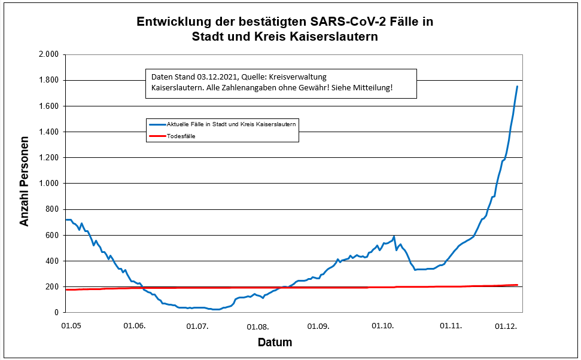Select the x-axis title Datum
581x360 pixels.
click(275, 343)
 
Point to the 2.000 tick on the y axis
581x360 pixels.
click(48, 54)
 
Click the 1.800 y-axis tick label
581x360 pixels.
click(48, 80)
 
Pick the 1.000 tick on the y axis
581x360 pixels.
click(48, 184)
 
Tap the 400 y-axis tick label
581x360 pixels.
click(51, 261)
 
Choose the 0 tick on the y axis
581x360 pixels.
click(56, 313)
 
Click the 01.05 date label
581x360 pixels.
click(71, 326)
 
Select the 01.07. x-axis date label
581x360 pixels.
click(197, 326)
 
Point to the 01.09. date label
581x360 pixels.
click(320, 326)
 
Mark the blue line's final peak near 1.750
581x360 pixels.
click(517, 87)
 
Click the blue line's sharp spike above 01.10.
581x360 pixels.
click(394, 237)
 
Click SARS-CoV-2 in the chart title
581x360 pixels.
click(344, 22)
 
